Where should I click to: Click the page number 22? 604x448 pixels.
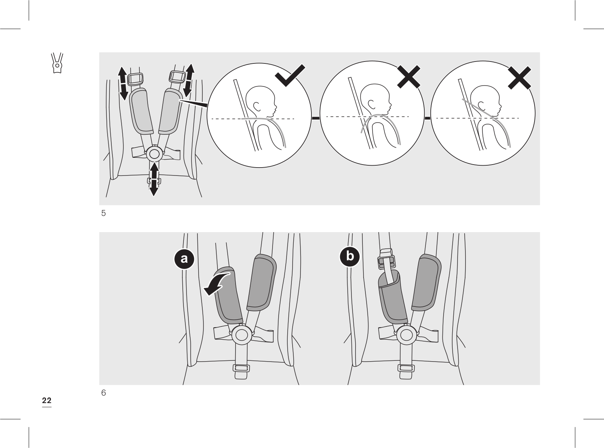[x=46, y=400]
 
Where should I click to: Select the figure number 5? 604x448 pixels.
[x=103, y=213]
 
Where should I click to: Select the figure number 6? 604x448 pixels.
[x=103, y=393]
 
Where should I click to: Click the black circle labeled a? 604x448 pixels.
[x=184, y=259]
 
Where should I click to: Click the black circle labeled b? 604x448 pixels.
[x=350, y=257]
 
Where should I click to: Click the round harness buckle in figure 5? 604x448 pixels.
[x=154, y=154]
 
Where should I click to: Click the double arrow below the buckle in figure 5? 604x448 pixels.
[x=154, y=179]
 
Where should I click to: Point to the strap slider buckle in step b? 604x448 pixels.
[x=386, y=260]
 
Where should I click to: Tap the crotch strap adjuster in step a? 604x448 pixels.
[x=241, y=368]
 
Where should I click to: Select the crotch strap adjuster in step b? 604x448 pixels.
[x=405, y=368]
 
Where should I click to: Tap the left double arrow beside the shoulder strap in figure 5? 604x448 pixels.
[x=122, y=83]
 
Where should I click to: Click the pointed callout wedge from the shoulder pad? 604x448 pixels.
[x=193, y=102]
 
